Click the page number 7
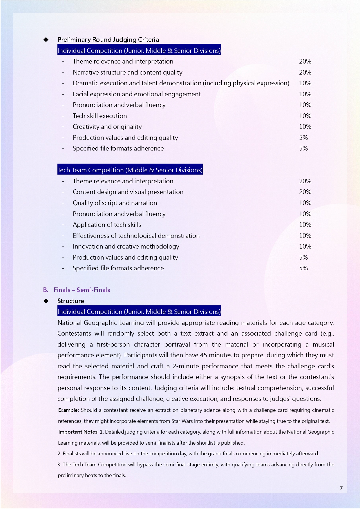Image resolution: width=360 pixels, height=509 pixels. coord(341,488)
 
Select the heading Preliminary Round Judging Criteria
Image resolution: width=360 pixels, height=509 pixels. coord(108,39)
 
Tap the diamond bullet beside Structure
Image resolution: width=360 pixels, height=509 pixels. coord(46,301)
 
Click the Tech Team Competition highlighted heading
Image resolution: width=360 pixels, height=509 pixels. coord(130,170)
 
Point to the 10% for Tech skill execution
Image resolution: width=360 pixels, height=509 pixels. coord(305,116)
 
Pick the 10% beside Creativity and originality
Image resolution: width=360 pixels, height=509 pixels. coord(305,126)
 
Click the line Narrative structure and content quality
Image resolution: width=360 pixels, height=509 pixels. coord(127,72)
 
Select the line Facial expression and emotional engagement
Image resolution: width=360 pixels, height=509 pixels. coord(137,94)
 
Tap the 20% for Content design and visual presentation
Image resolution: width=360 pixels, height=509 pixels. coord(305,192)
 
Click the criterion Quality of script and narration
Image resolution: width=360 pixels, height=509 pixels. coord(115,203)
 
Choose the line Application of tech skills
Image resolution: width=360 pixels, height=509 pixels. coord(107,224)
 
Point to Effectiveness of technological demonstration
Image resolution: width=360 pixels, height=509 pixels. coord(136,236)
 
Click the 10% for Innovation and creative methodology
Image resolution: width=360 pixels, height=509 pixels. coord(305,246)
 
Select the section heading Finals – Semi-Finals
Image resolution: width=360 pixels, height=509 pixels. coord(82,290)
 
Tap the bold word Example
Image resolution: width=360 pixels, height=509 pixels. coord(68,410)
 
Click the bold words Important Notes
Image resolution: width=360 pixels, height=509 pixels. coord(78,432)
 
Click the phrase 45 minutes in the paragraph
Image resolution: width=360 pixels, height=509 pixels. coord(213,355)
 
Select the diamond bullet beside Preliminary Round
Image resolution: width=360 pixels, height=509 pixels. coord(46,39)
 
